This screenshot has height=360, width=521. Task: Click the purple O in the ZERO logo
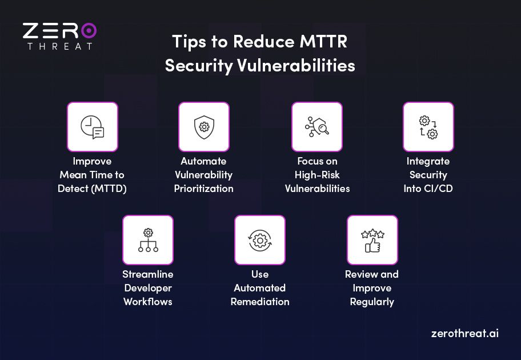[x=88, y=31]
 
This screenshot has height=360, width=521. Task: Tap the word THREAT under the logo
[x=59, y=46]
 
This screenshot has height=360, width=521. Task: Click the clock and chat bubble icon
[x=93, y=127]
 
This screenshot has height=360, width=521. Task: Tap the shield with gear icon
[x=204, y=127]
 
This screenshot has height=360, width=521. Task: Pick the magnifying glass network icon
[x=317, y=127]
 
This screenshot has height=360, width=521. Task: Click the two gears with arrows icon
[x=428, y=127]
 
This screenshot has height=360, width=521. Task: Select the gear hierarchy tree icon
[x=148, y=240]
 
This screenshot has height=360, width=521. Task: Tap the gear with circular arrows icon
[x=260, y=240]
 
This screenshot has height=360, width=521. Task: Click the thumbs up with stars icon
[x=372, y=240]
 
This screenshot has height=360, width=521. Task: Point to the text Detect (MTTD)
[x=92, y=189]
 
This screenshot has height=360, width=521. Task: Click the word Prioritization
[x=204, y=189]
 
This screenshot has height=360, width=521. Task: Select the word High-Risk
[x=317, y=175]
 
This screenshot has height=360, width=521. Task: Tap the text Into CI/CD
[x=428, y=189]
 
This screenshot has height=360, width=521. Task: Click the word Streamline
[x=148, y=274]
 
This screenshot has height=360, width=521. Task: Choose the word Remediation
[x=260, y=302]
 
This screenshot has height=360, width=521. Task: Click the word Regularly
[x=372, y=302]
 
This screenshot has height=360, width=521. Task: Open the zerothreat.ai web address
[x=464, y=333]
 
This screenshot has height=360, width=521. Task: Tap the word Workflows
[x=148, y=302]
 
